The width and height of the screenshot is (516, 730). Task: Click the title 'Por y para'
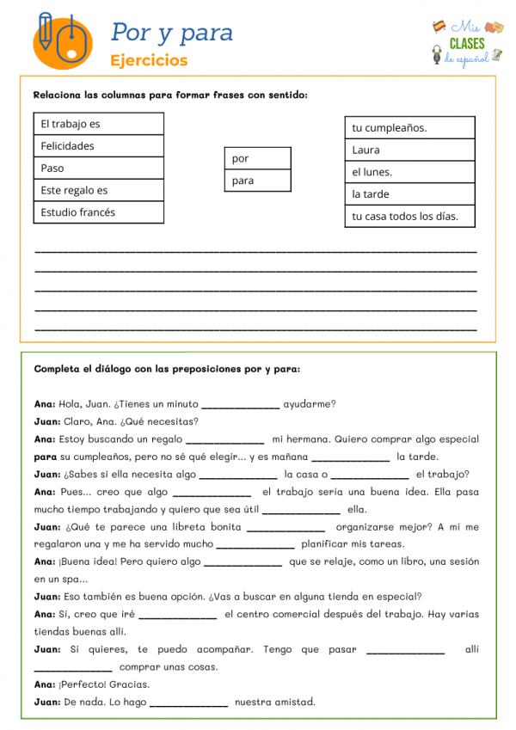172,33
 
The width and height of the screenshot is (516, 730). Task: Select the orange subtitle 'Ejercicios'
149,61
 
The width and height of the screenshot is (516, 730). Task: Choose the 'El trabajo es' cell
98,124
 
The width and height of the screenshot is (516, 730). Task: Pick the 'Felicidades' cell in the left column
98,146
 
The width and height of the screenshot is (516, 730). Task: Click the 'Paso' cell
98,168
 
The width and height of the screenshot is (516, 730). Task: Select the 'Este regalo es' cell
98,190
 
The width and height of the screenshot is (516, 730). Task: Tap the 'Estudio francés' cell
98,212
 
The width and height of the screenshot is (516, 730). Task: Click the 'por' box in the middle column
257,159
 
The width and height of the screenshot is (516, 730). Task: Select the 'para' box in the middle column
257,181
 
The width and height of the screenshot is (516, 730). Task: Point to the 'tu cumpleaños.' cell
409,128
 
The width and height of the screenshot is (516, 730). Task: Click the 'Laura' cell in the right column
409,150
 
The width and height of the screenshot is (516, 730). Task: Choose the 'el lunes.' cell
409,172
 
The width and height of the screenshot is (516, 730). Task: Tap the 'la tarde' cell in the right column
409,194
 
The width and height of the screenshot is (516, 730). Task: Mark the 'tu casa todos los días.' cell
409,217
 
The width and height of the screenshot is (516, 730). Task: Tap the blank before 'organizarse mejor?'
286,528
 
